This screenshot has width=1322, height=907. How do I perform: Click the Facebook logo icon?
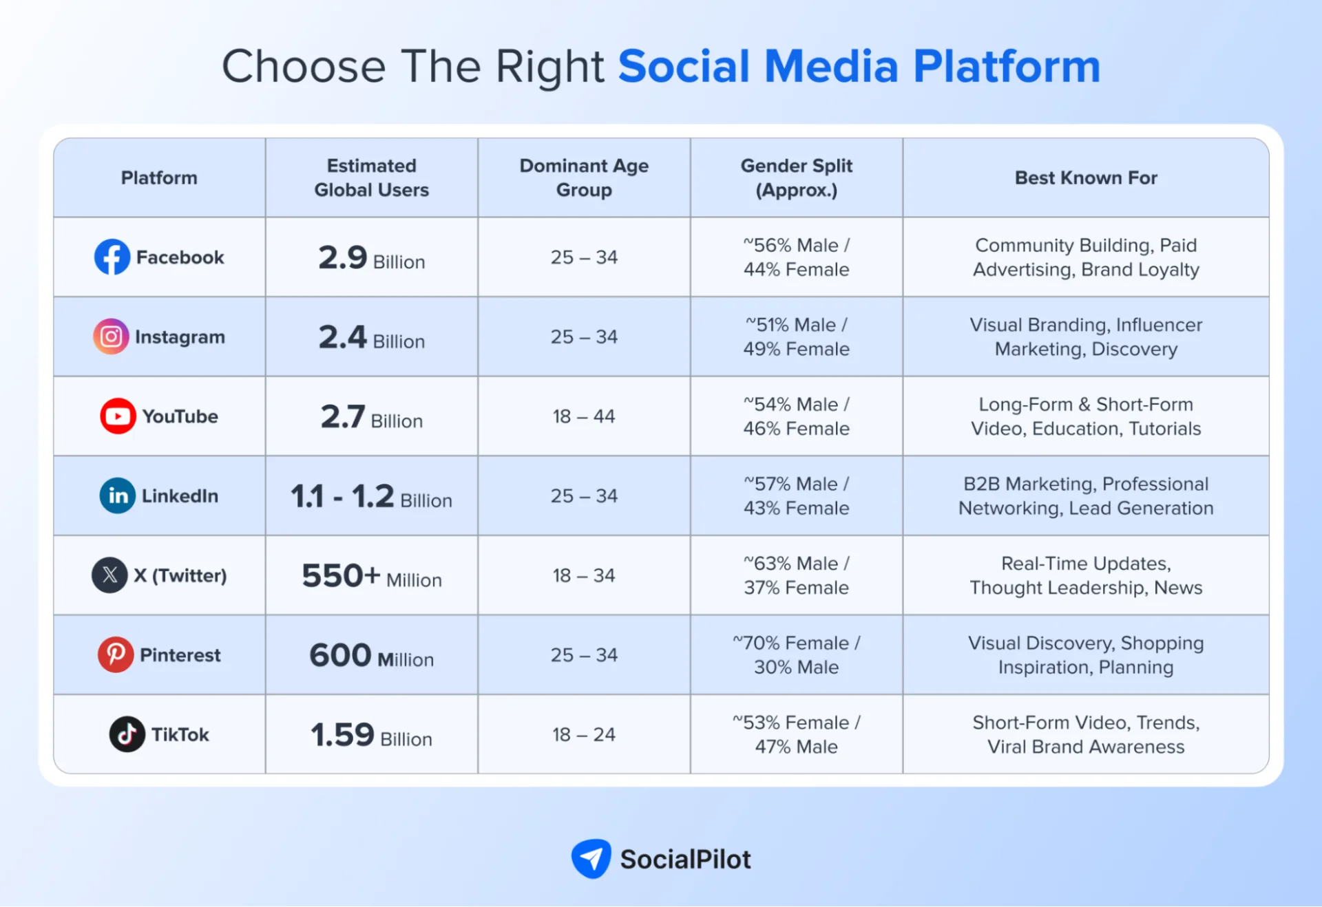tap(112, 257)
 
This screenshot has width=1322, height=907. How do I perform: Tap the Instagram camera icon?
tap(111, 337)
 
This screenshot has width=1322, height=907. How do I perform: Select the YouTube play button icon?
tap(117, 416)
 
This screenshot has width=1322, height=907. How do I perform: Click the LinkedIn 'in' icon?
tap(117, 495)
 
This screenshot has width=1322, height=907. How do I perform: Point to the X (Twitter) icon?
tap(109, 575)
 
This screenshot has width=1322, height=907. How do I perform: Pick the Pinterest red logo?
tap(115, 654)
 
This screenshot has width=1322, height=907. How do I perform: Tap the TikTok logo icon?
tap(127, 734)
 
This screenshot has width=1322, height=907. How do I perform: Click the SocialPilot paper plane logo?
tap(591, 858)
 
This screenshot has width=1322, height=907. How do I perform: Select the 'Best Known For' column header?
tap(1086, 178)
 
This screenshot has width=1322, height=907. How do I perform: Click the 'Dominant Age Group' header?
tap(584, 178)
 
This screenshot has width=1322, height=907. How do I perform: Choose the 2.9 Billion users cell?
tap(371, 258)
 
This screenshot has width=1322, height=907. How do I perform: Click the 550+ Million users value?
tap(371, 576)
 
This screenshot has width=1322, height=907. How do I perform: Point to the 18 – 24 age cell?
tap(584, 734)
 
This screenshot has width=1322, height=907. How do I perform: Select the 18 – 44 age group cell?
tap(584, 416)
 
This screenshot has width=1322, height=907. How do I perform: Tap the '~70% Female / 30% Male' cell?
tap(796, 654)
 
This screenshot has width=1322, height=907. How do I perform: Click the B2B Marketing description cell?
tap(1086, 495)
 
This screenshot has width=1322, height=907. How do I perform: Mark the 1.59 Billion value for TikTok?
tap(371, 735)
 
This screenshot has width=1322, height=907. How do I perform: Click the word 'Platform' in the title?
tap(1007, 67)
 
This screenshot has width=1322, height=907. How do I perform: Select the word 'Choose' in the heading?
tap(304, 67)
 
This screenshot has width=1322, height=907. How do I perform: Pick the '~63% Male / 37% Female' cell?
tap(796, 575)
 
